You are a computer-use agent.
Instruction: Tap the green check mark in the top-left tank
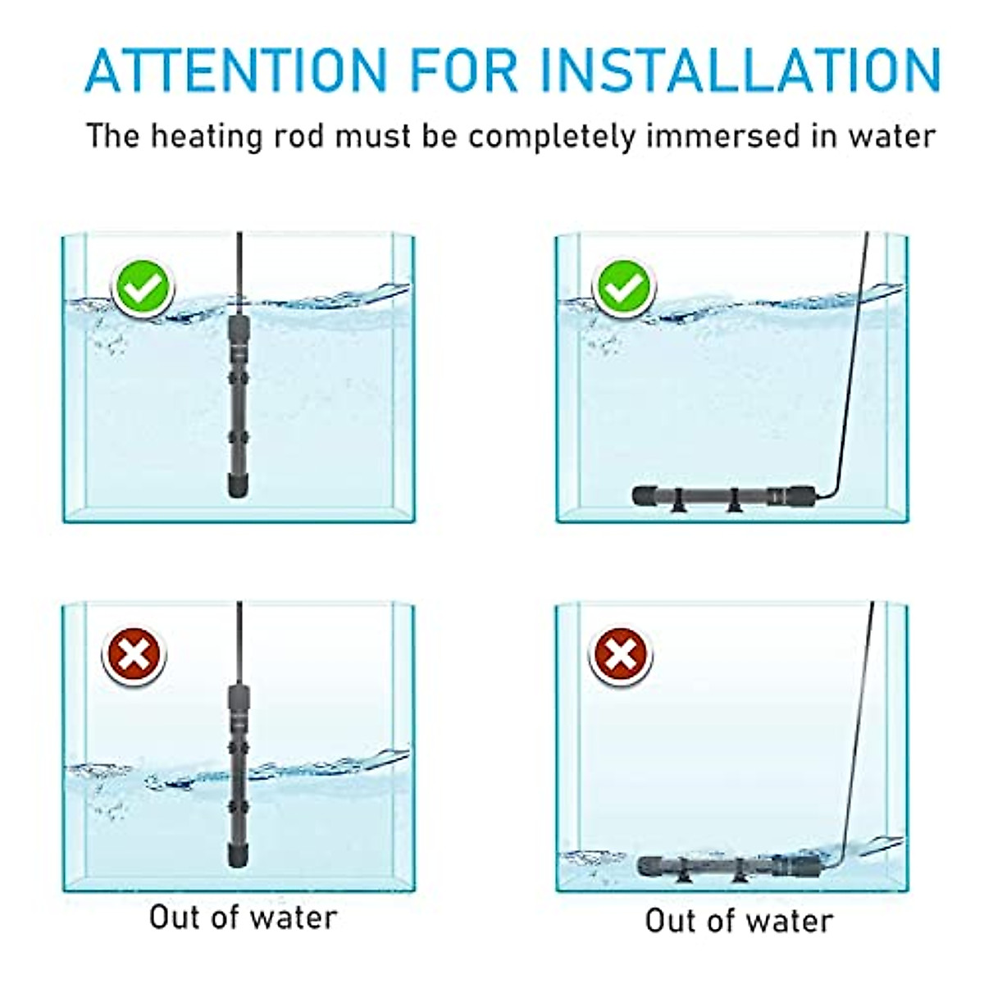[143, 288]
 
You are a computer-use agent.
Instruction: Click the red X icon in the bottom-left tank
[134, 655]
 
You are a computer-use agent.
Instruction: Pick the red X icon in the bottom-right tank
[621, 655]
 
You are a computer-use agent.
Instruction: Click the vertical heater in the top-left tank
[237, 406]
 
